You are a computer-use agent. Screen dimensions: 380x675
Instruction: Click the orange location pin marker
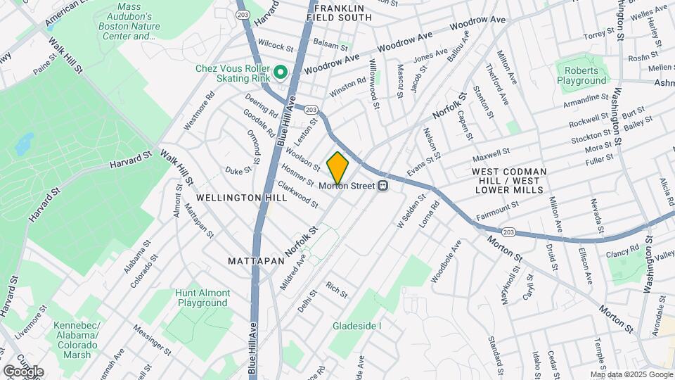click(x=338, y=168)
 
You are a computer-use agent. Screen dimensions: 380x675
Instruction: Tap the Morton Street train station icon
click(x=383, y=186)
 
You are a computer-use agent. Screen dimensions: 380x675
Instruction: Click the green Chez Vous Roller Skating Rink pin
click(x=281, y=72)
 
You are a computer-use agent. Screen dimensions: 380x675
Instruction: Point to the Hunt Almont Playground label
click(x=203, y=298)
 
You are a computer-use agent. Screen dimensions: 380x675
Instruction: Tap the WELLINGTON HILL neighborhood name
click(x=242, y=198)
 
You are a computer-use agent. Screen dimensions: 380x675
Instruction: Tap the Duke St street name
click(x=238, y=170)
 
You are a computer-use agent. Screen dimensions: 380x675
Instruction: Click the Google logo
click(x=23, y=371)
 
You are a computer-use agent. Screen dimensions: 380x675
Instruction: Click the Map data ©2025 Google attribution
click(x=631, y=374)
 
